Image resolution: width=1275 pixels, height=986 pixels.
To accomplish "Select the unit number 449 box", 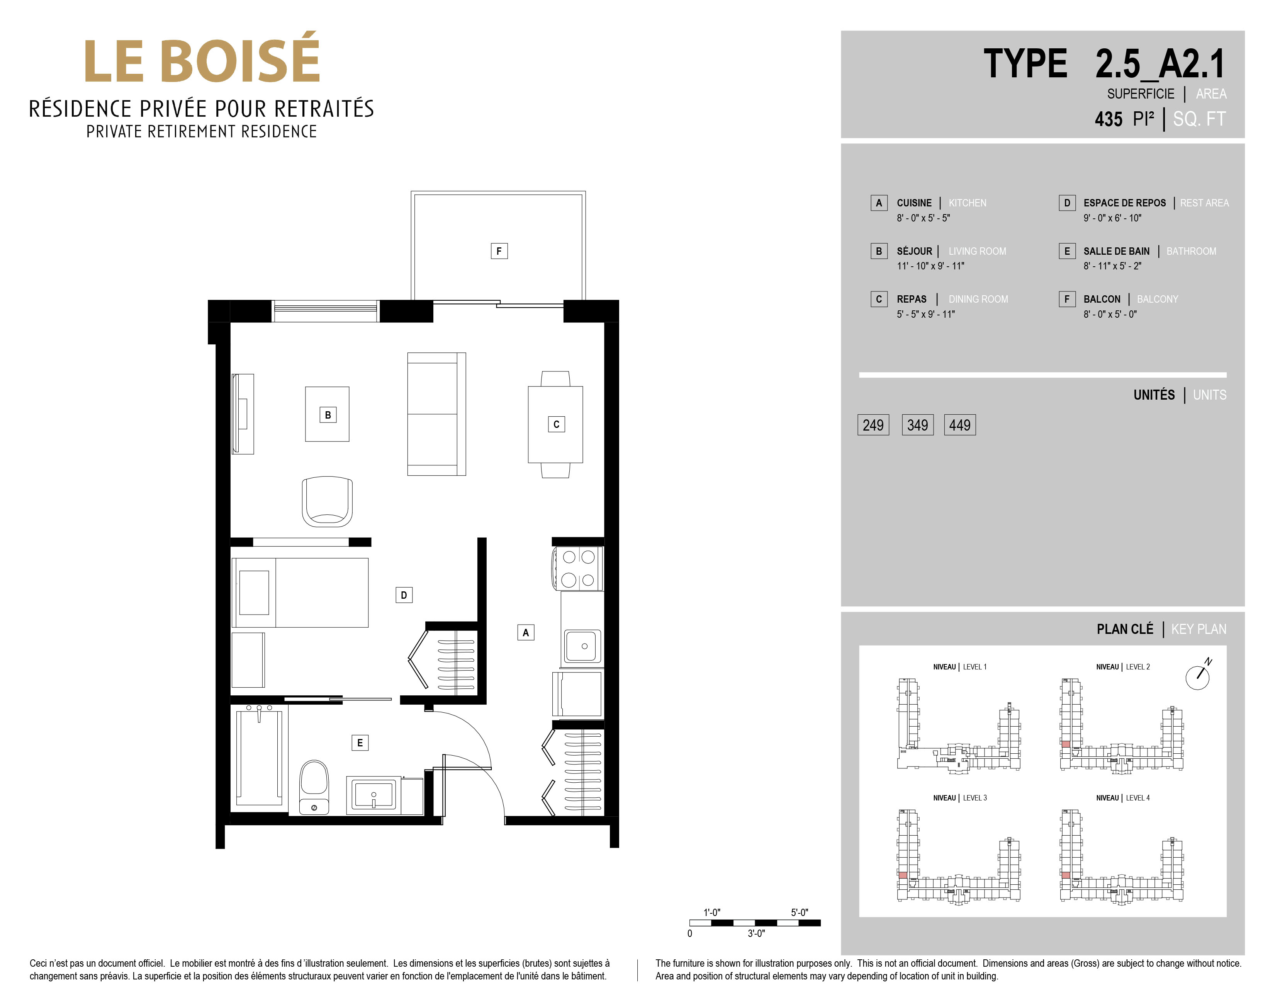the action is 960,425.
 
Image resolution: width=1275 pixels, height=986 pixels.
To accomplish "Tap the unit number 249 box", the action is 873,425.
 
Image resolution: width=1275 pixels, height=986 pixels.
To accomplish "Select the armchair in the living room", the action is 327,502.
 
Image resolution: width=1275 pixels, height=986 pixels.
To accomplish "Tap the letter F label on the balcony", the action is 499,251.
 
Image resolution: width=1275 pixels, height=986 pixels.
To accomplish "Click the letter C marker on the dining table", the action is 556,424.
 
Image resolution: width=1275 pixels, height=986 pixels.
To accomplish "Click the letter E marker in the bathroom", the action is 360,742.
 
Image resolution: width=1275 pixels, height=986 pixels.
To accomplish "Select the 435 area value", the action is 1108,119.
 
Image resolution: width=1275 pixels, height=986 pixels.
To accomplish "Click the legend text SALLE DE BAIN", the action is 1116,251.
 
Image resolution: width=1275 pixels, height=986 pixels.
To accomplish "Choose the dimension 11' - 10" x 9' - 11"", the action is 930,266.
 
